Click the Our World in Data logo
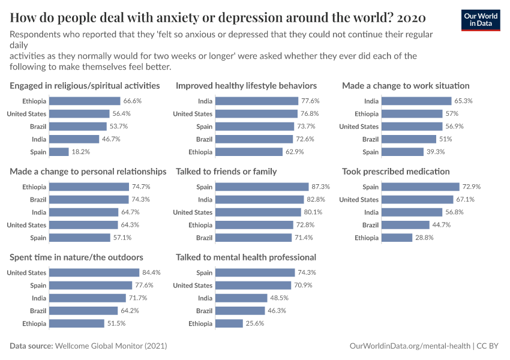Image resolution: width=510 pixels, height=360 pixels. (480, 20)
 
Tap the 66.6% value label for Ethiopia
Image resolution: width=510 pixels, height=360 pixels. (132, 101)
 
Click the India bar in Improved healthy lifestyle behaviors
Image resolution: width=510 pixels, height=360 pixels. (256, 101)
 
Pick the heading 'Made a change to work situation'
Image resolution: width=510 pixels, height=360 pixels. (406, 86)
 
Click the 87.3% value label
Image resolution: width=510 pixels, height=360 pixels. (317, 187)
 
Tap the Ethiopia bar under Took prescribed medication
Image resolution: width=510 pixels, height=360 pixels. (394, 238)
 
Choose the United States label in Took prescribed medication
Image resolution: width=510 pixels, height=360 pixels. (359, 200)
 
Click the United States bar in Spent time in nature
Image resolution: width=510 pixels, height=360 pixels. (94, 273)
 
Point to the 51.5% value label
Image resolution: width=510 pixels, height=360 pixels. (116, 323)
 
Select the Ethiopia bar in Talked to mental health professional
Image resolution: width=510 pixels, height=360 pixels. (227, 323)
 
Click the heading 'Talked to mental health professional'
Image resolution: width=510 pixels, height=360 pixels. (246, 257)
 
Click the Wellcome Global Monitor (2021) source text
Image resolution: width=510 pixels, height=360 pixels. (110, 346)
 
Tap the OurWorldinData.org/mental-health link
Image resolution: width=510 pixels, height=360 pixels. (410, 346)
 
